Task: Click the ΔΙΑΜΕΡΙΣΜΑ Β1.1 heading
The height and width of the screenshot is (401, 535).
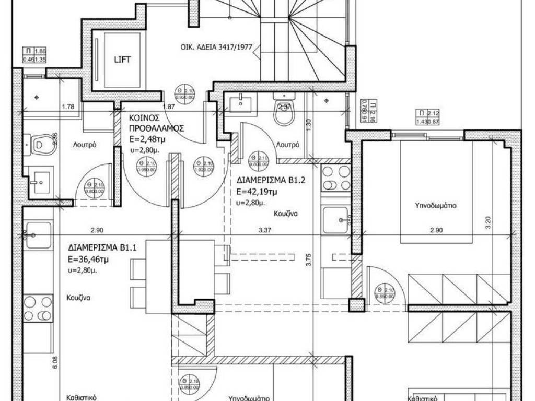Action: pos(102,249)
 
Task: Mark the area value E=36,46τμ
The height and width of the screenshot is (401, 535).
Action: pos(88,258)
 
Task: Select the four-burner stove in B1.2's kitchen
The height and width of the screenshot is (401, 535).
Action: pos(335,179)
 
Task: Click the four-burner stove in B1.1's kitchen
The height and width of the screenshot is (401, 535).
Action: pos(38,308)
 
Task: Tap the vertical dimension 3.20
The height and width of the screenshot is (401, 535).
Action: pos(488,223)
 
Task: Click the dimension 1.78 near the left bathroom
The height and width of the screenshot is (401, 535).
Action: pos(67,107)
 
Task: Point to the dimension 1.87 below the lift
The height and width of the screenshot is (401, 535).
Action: pos(168,107)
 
